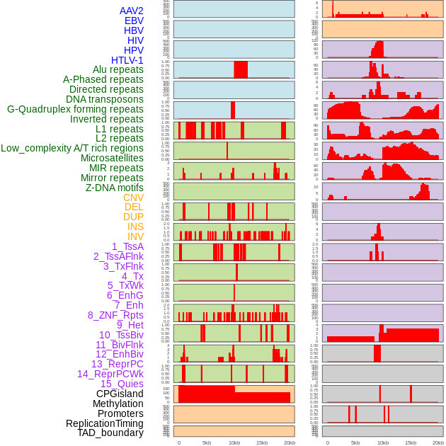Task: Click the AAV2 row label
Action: pyautogui.click(x=132, y=11)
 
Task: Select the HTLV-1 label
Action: pyautogui.click(x=127, y=60)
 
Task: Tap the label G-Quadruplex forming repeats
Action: pyautogui.click(x=75, y=109)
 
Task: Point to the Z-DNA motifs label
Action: pyautogui.click(x=115, y=188)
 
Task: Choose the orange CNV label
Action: pyautogui.click(x=133, y=198)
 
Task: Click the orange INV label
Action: pyautogui.click(x=135, y=236)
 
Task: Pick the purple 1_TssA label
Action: pyautogui.click(x=128, y=246)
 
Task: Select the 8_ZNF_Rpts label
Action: pyautogui.click(x=115, y=315)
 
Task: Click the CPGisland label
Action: pyautogui.click(x=120, y=394)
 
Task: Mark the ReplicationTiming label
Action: pyautogui.click(x=105, y=423)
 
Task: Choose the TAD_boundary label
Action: pyautogui.click(x=110, y=433)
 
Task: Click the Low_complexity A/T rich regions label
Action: pyautogui.click(x=72, y=148)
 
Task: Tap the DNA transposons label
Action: pyautogui.click(x=105, y=99)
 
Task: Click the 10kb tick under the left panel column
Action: pyautogui.click(x=234, y=442)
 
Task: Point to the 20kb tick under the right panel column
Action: pyautogui.click(x=438, y=442)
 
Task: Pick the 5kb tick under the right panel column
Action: pyautogui.click(x=355, y=442)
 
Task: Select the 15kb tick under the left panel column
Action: pyautogui.click(x=262, y=442)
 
